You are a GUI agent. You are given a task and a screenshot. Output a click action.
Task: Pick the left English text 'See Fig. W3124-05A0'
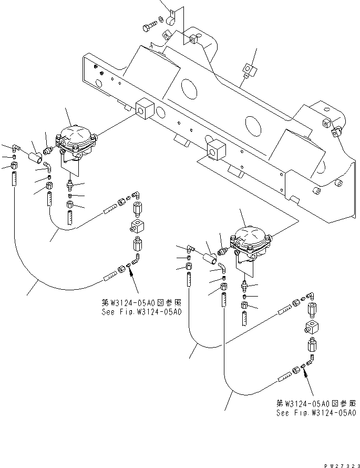(141, 312)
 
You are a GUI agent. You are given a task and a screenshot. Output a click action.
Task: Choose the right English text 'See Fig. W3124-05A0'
(316, 413)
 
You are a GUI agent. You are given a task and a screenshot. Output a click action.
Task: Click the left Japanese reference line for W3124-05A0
(141, 303)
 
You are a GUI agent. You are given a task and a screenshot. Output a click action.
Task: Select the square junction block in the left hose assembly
(136, 228)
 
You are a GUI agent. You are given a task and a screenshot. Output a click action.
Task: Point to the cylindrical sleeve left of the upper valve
(37, 157)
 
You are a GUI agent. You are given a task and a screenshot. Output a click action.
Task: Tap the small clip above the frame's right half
(248, 69)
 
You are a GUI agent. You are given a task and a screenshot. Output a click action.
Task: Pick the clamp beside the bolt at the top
(169, 22)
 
